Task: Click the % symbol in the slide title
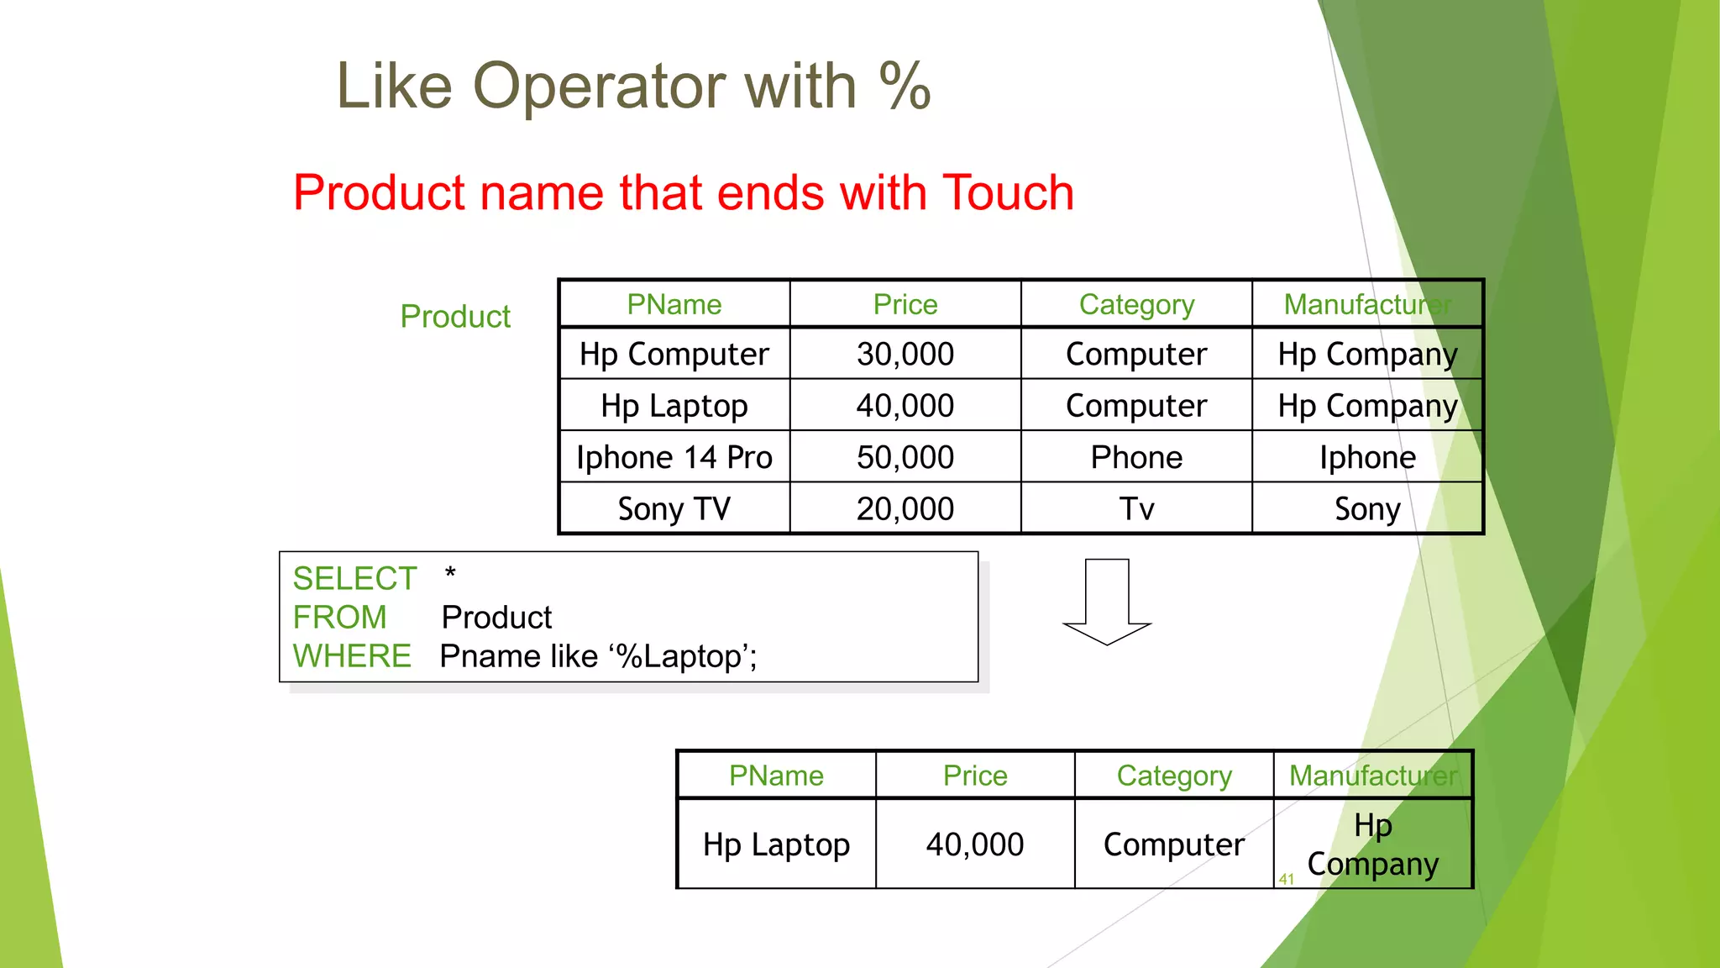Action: pyautogui.click(x=905, y=87)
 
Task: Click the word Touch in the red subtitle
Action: pyautogui.click(x=1008, y=192)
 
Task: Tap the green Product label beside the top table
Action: pyautogui.click(x=455, y=317)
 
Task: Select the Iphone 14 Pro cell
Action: pyautogui.click(x=674, y=457)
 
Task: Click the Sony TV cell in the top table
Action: pyautogui.click(x=674, y=508)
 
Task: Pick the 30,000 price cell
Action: pyautogui.click(x=905, y=354)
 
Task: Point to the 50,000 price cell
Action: pyautogui.click(x=905, y=457)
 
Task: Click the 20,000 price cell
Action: pyautogui.click(x=905, y=508)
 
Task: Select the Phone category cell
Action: pyautogui.click(x=1135, y=457)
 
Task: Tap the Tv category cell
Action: pyautogui.click(x=1135, y=508)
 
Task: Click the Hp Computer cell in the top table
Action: pyautogui.click(x=674, y=354)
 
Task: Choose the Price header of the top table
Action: pyautogui.click(x=905, y=304)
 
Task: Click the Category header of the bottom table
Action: pyautogui.click(x=1173, y=776)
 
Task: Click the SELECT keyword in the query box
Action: pyautogui.click(x=354, y=579)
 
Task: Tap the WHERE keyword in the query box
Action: pyautogui.click(x=352, y=656)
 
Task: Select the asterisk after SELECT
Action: pyautogui.click(x=450, y=574)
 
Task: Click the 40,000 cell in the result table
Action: pyautogui.click(x=974, y=844)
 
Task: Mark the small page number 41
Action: pyautogui.click(x=1286, y=879)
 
